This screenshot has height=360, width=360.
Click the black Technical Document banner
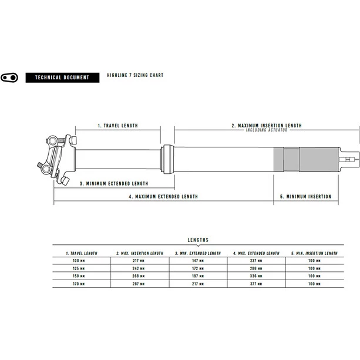point(62,78)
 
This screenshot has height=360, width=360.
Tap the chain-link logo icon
point(9,78)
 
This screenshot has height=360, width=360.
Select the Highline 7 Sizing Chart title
point(135,75)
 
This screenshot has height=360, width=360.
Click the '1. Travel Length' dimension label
point(118,126)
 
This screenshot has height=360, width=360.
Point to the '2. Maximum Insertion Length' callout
point(267,126)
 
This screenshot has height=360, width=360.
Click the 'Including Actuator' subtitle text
point(267,130)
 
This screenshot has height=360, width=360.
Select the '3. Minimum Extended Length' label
point(114,184)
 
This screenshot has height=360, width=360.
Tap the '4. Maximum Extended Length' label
point(163,197)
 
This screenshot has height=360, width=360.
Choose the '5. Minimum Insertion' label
point(305,197)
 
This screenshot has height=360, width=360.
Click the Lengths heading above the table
point(198,240)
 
